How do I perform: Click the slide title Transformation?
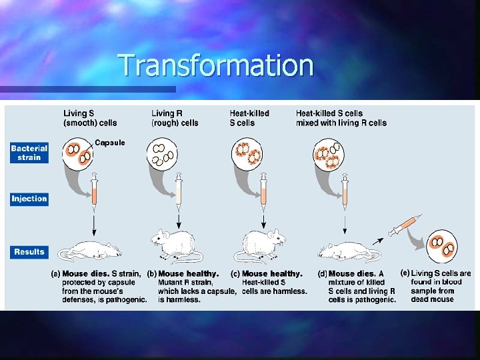pyautogui.click(x=215, y=65)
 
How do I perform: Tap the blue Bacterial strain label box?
pyautogui.click(x=29, y=153)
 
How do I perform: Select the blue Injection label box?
pyautogui.click(x=29, y=199)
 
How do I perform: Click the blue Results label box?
pyautogui.click(x=29, y=252)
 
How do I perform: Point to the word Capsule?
pyautogui.click(x=109, y=143)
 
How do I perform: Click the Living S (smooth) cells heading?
pyautogui.click(x=90, y=118)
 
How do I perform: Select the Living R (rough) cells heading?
pyautogui.click(x=175, y=118)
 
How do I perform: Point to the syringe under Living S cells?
pyautogui.click(x=95, y=189)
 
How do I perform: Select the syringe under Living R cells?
pyautogui.click(x=179, y=189)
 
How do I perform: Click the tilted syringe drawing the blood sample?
pyautogui.click(x=403, y=225)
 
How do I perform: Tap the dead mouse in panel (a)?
pyautogui.click(x=91, y=251)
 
